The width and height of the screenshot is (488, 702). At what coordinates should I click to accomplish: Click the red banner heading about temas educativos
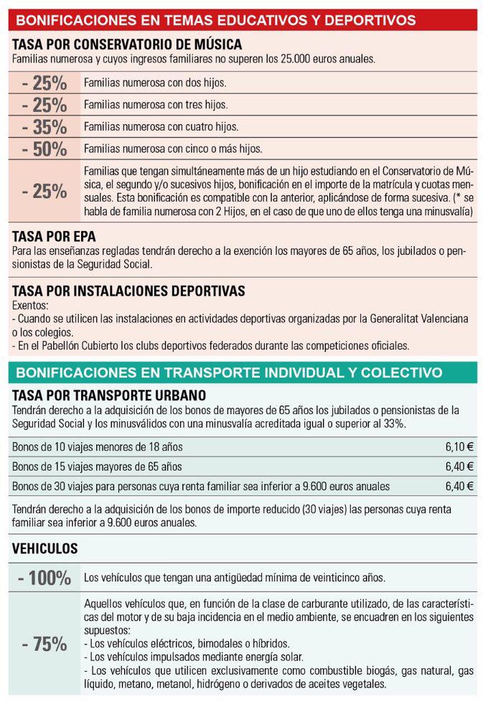click(x=215, y=20)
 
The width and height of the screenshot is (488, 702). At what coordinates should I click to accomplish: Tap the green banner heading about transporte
click(x=229, y=373)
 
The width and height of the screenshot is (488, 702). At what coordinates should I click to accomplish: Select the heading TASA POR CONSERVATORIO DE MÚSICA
click(x=127, y=45)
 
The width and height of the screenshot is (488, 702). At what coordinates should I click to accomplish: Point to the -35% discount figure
click(x=44, y=128)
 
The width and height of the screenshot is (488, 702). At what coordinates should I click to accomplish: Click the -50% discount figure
click(x=44, y=150)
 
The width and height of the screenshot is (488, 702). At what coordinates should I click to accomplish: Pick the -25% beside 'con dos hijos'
click(x=44, y=83)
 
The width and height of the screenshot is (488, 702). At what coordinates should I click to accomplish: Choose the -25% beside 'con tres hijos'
click(x=44, y=105)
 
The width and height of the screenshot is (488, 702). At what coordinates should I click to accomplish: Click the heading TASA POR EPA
click(x=54, y=236)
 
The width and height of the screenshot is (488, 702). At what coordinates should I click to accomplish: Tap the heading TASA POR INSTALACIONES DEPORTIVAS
click(x=128, y=291)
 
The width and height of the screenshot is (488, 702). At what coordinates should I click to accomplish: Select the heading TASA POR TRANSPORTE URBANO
click(x=109, y=396)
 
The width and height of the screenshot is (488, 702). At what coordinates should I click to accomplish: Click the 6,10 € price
click(x=459, y=447)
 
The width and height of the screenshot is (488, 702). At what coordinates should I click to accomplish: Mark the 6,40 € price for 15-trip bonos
click(x=459, y=467)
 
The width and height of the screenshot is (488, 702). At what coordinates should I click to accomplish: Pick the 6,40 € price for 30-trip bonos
click(x=459, y=486)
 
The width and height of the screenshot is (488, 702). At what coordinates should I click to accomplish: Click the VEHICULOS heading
click(x=44, y=548)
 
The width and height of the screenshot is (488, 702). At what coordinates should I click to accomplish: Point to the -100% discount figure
click(x=44, y=578)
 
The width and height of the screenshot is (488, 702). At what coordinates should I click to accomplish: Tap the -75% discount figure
click(x=44, y=645)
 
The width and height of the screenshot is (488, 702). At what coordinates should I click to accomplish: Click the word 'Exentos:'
click(x=31, y=305)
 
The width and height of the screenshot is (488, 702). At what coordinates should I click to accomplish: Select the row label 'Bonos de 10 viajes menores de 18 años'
click(x=97, y=447)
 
